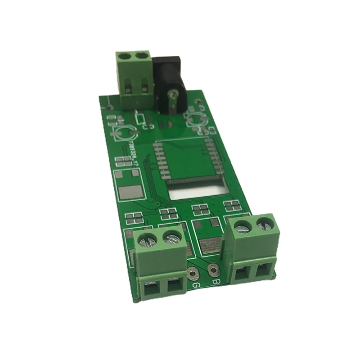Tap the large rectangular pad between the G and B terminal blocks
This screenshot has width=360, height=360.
(x=210, y=246)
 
